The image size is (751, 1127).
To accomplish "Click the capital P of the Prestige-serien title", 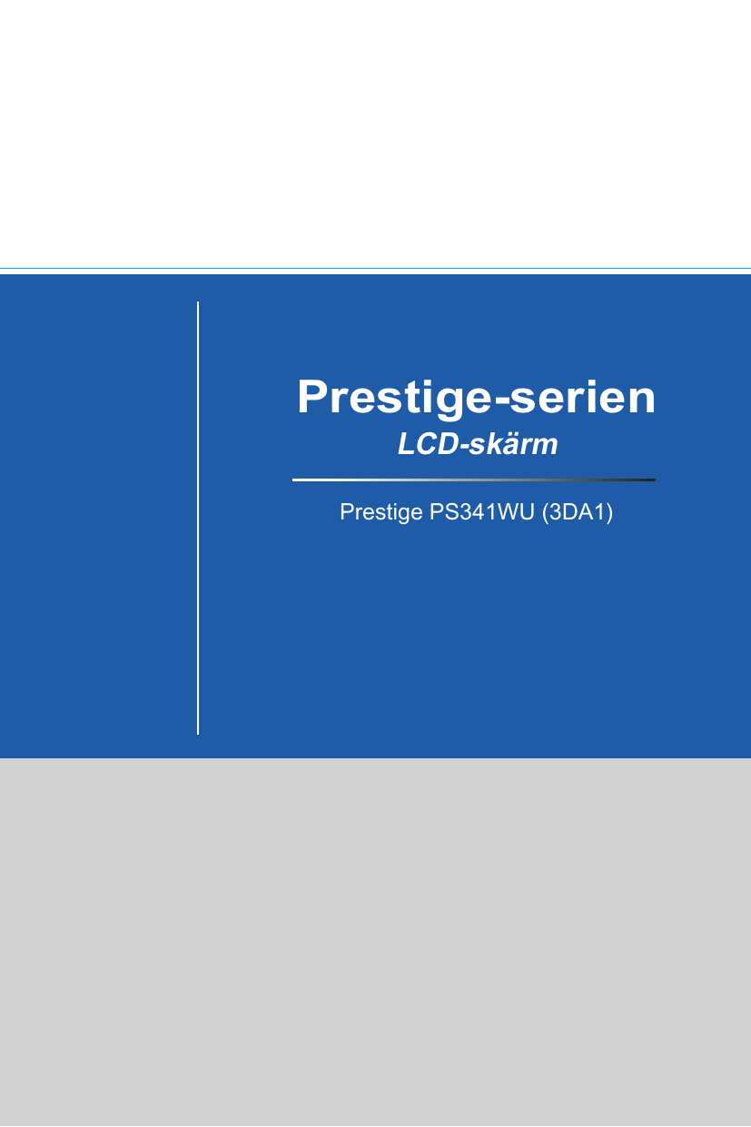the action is (311, 397).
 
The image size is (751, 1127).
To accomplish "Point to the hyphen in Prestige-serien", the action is (500, 401).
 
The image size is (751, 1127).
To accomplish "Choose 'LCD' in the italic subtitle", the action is (428, 444).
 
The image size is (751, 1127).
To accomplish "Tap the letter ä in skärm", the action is (514, 445).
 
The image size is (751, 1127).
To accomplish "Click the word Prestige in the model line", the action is (381, 513).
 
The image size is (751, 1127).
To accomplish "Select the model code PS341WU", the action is (481, 512).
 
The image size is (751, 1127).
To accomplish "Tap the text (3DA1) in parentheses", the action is (578, 513).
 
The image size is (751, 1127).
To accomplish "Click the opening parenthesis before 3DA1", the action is (545, 513).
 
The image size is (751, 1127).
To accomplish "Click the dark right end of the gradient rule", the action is (655, 480).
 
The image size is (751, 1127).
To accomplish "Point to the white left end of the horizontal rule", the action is (293, 480).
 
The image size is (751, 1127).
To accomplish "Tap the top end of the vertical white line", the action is (198, 302).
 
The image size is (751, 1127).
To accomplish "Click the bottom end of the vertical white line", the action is (198, 734).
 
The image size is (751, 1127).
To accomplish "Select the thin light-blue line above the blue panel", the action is (375, 269).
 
